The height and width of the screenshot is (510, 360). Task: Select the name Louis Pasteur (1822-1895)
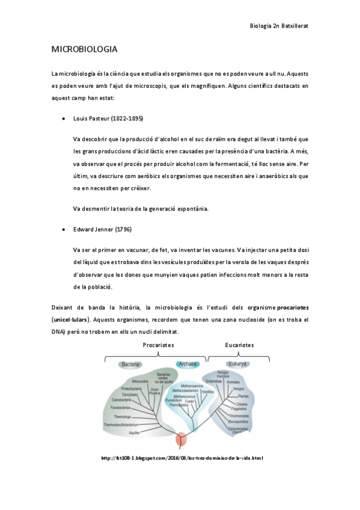coord(108,118)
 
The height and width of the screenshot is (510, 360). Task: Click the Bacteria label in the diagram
coord(132,364)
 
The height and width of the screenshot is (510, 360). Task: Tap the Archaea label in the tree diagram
coord(188,364)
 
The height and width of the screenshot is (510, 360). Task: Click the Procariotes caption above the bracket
coord(158,345)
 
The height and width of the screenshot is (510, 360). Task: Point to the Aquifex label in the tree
coord(135,432)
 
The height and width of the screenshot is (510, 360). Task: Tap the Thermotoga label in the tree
coord(123,417)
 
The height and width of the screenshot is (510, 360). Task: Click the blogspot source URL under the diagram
coord(183,458)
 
